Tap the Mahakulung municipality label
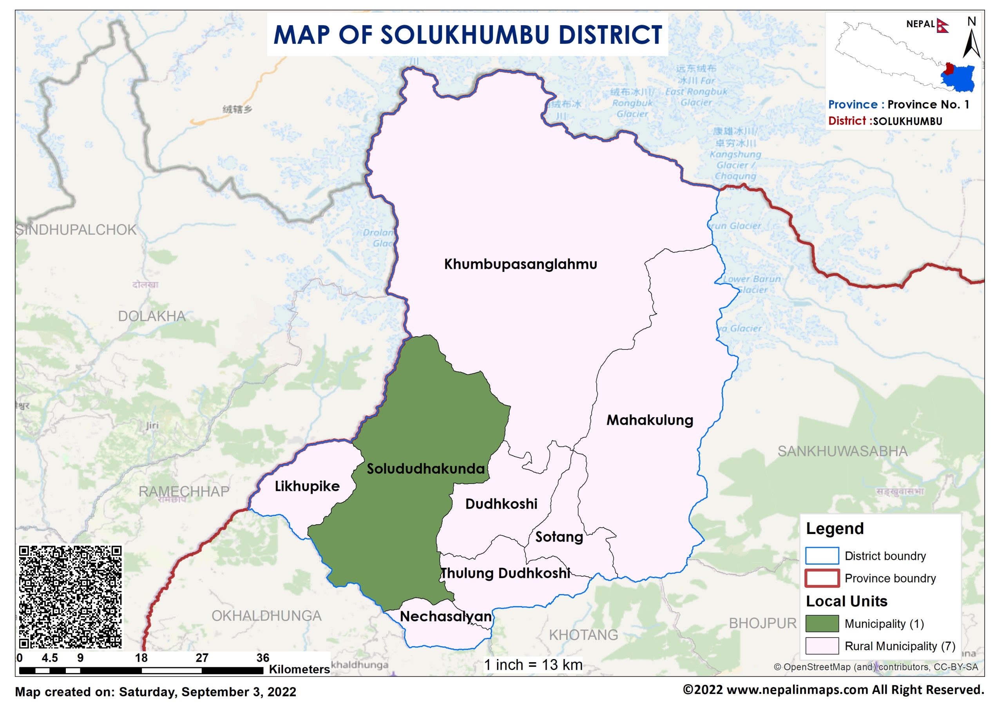(x=650, y=420)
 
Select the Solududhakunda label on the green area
(x=425, y=469)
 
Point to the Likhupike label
(x=307, y=486)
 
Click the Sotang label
(x=559, y=537)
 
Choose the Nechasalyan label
(x=446, y=616)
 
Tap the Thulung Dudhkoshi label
(x=505, y=573)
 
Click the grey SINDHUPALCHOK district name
(x=76, y=230)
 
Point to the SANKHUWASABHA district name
(x=842, y=451)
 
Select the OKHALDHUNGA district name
(x=266, y=616)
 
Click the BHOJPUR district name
(x=762, y=623)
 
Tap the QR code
(x=71, y=597)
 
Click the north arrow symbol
(x=971, y=44)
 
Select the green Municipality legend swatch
(x=822, y=623)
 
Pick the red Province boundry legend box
(x=822, y=578)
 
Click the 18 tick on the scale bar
(x=141, y=658)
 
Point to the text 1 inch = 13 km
(x=533, y=665)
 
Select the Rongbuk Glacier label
(x=632, y=109)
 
